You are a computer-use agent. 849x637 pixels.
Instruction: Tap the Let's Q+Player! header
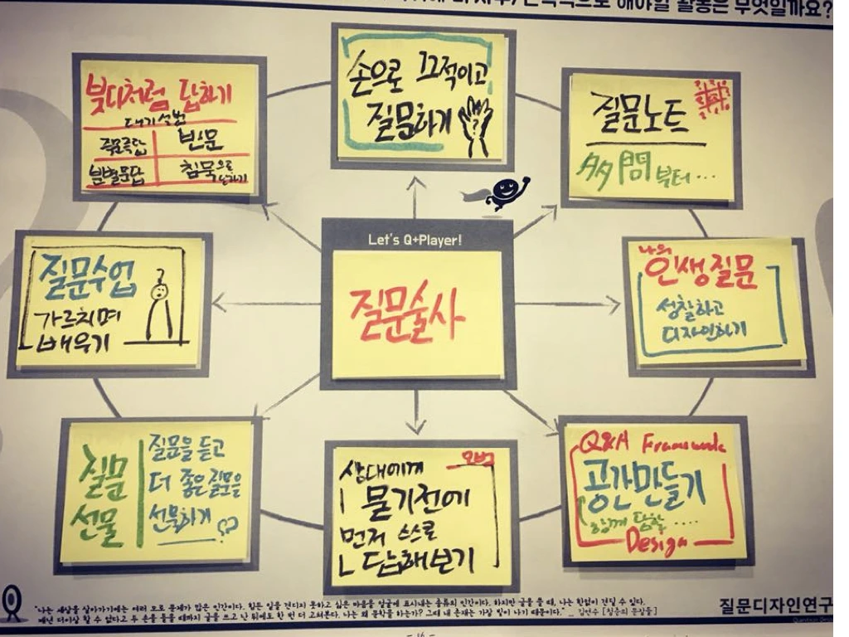[415, 241]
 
